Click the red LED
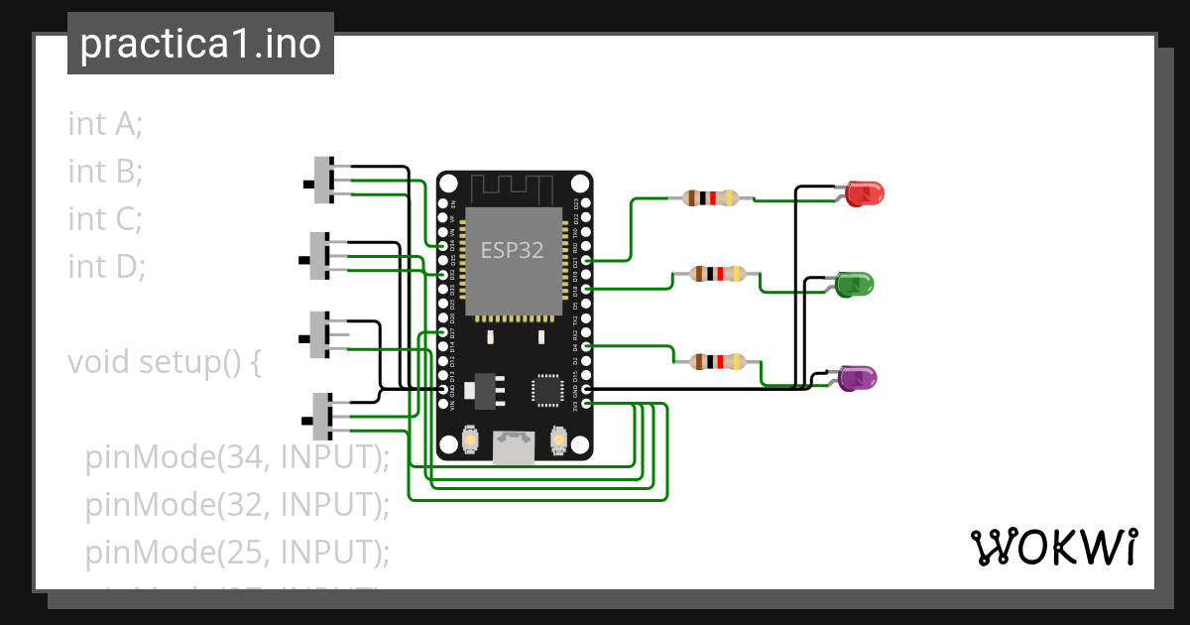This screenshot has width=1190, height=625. click(865, 192)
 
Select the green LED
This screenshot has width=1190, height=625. click(854, 285)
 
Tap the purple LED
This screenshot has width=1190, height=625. click(858, 378)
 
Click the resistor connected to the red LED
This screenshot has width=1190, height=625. click(711, 197)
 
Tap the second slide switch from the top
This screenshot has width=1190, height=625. click(320, 257)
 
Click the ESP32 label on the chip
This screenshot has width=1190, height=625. click(512, 250)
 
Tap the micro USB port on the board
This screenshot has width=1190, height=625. click(514, 447)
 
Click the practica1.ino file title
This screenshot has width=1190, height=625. click(200, 45)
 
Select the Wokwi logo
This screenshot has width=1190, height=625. click(1052, 547)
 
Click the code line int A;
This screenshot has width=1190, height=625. click(106, 124)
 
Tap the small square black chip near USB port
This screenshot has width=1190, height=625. click(547, 390)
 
